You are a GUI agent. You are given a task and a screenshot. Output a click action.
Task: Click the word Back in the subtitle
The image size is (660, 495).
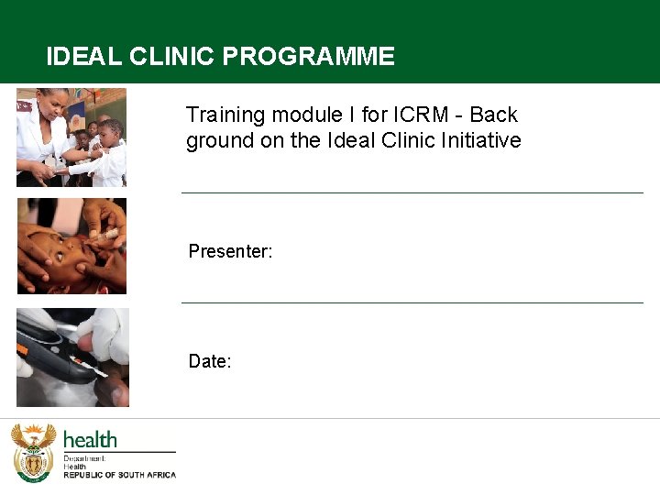(494, 115)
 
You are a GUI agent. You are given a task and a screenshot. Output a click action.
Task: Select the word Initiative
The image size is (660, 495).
(479, 140)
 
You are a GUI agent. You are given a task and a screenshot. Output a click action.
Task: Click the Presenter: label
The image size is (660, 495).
(230, 251)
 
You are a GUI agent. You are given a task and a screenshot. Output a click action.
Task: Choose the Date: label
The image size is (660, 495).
(210, 361)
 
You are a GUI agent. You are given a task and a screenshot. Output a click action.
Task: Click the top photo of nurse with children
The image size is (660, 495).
(71, 137)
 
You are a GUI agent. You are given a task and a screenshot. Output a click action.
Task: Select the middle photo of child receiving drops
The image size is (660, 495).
(71, 247)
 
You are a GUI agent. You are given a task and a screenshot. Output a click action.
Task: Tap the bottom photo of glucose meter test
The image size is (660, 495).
(72, 357)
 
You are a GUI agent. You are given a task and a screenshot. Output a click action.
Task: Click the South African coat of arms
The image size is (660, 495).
(33, 452)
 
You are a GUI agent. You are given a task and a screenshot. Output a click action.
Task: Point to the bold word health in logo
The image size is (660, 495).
(90, 440)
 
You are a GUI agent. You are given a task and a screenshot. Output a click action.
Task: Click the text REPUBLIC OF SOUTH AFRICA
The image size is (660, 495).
(119, 475)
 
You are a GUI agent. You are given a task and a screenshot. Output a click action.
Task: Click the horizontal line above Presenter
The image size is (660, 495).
(412, 192)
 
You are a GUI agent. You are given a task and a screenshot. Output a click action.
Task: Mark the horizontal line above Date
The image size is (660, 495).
(412, 302)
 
